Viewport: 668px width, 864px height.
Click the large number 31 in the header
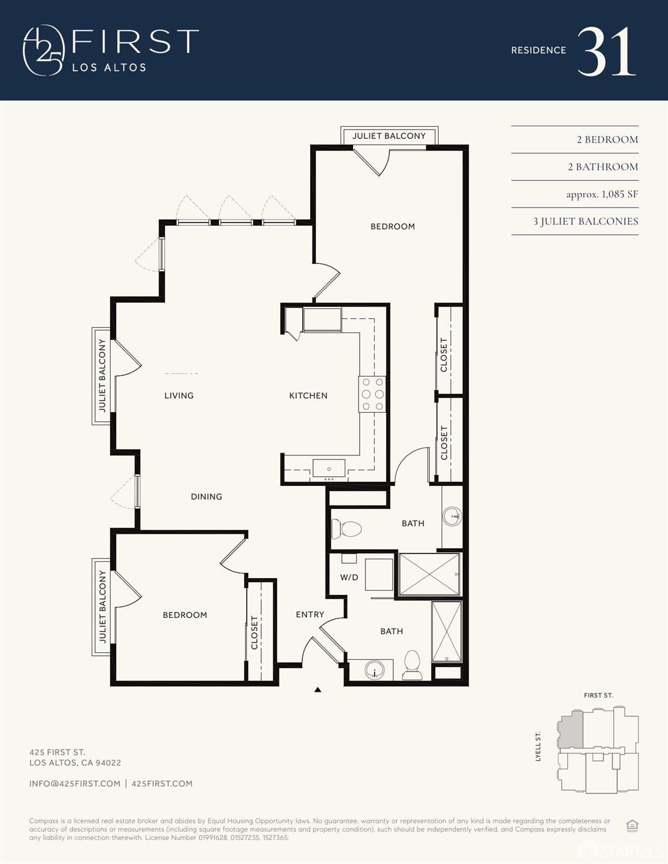(606, 52)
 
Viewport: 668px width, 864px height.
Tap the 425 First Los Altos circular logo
(43, 51)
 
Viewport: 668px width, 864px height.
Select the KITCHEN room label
(308, 395)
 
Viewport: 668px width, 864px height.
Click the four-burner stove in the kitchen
(372, 394)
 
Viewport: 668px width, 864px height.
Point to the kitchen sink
(329, 469)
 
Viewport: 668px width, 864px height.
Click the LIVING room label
(179, 395)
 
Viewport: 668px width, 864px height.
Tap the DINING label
(206, 496)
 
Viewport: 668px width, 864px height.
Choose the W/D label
(349, 577)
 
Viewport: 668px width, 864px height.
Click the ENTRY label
(310, 614)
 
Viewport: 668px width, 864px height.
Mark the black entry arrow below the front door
(318, 689)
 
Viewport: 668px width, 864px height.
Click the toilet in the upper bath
(347, 529)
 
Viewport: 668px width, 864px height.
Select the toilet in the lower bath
(412, 665)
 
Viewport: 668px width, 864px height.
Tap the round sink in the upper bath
(453, 516)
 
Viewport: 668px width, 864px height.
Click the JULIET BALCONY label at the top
(389, 136)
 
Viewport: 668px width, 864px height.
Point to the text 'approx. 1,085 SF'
(602, 194)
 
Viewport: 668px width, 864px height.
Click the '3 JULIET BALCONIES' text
(585, 221)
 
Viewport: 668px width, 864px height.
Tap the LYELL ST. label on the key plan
(538, 746)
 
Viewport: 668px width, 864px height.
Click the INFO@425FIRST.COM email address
(75, 783)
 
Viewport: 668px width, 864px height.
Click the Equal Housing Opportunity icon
(632, 825)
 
